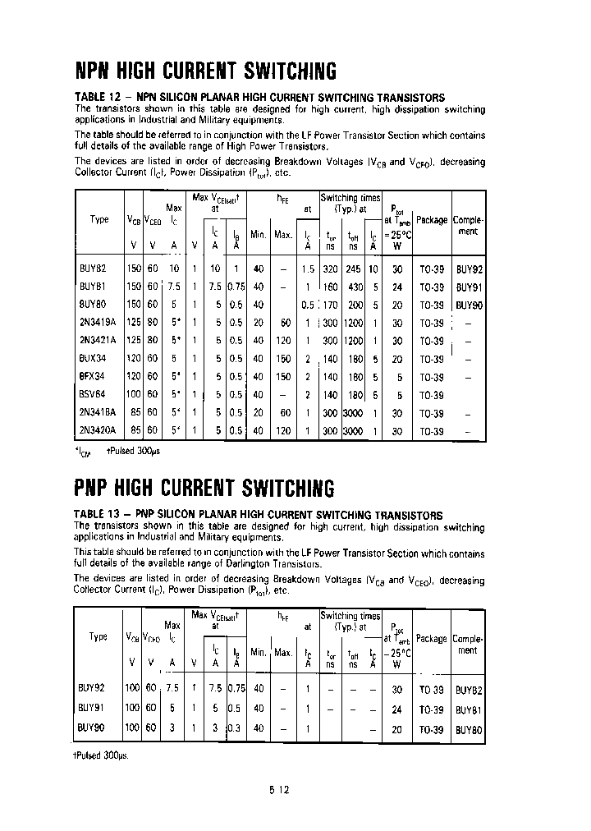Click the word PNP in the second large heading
click(94, 489)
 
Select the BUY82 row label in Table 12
click(92, 269)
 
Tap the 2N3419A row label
click(97, 324)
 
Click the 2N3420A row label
click(97, 431)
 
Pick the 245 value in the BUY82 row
click(354, 269)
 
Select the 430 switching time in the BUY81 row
click(354, 287)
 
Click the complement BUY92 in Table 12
click(468, 269)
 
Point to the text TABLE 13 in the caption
click(98, 515)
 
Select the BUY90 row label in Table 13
click(92, 728)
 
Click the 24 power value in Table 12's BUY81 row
click(397, 287)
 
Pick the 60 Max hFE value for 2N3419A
click(284, 324)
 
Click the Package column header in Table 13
click(432, 638)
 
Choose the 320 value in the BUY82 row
click(331, 269)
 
